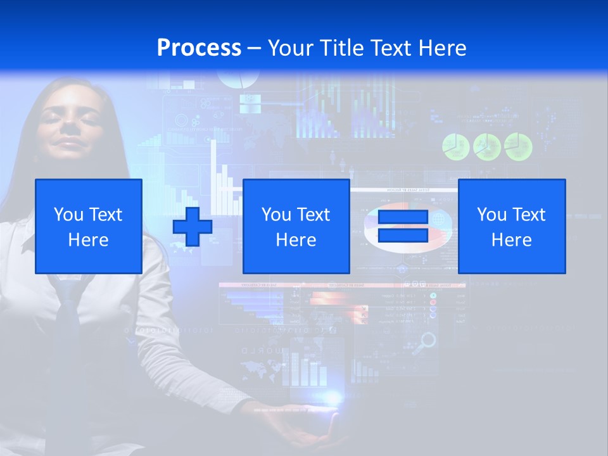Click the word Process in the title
tap(199, 47)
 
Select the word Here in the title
tap(441, 48)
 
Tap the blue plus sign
tap(193, 227)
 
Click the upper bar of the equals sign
tap(403, 217)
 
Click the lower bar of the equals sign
tap(403, 235)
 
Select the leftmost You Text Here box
tap(89, 226)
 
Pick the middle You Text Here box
tap(296, 226)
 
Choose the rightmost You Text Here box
tap(512, 226)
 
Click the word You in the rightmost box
tap(490, 215)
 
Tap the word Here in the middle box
tap(296, 239)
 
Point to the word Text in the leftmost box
tap(106, 215)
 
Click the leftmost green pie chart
tap(455, 147)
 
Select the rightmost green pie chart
tap(518, 146)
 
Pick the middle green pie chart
tap(486, 147)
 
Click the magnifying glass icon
tap(428, 341)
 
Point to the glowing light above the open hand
tap(332, 398)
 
